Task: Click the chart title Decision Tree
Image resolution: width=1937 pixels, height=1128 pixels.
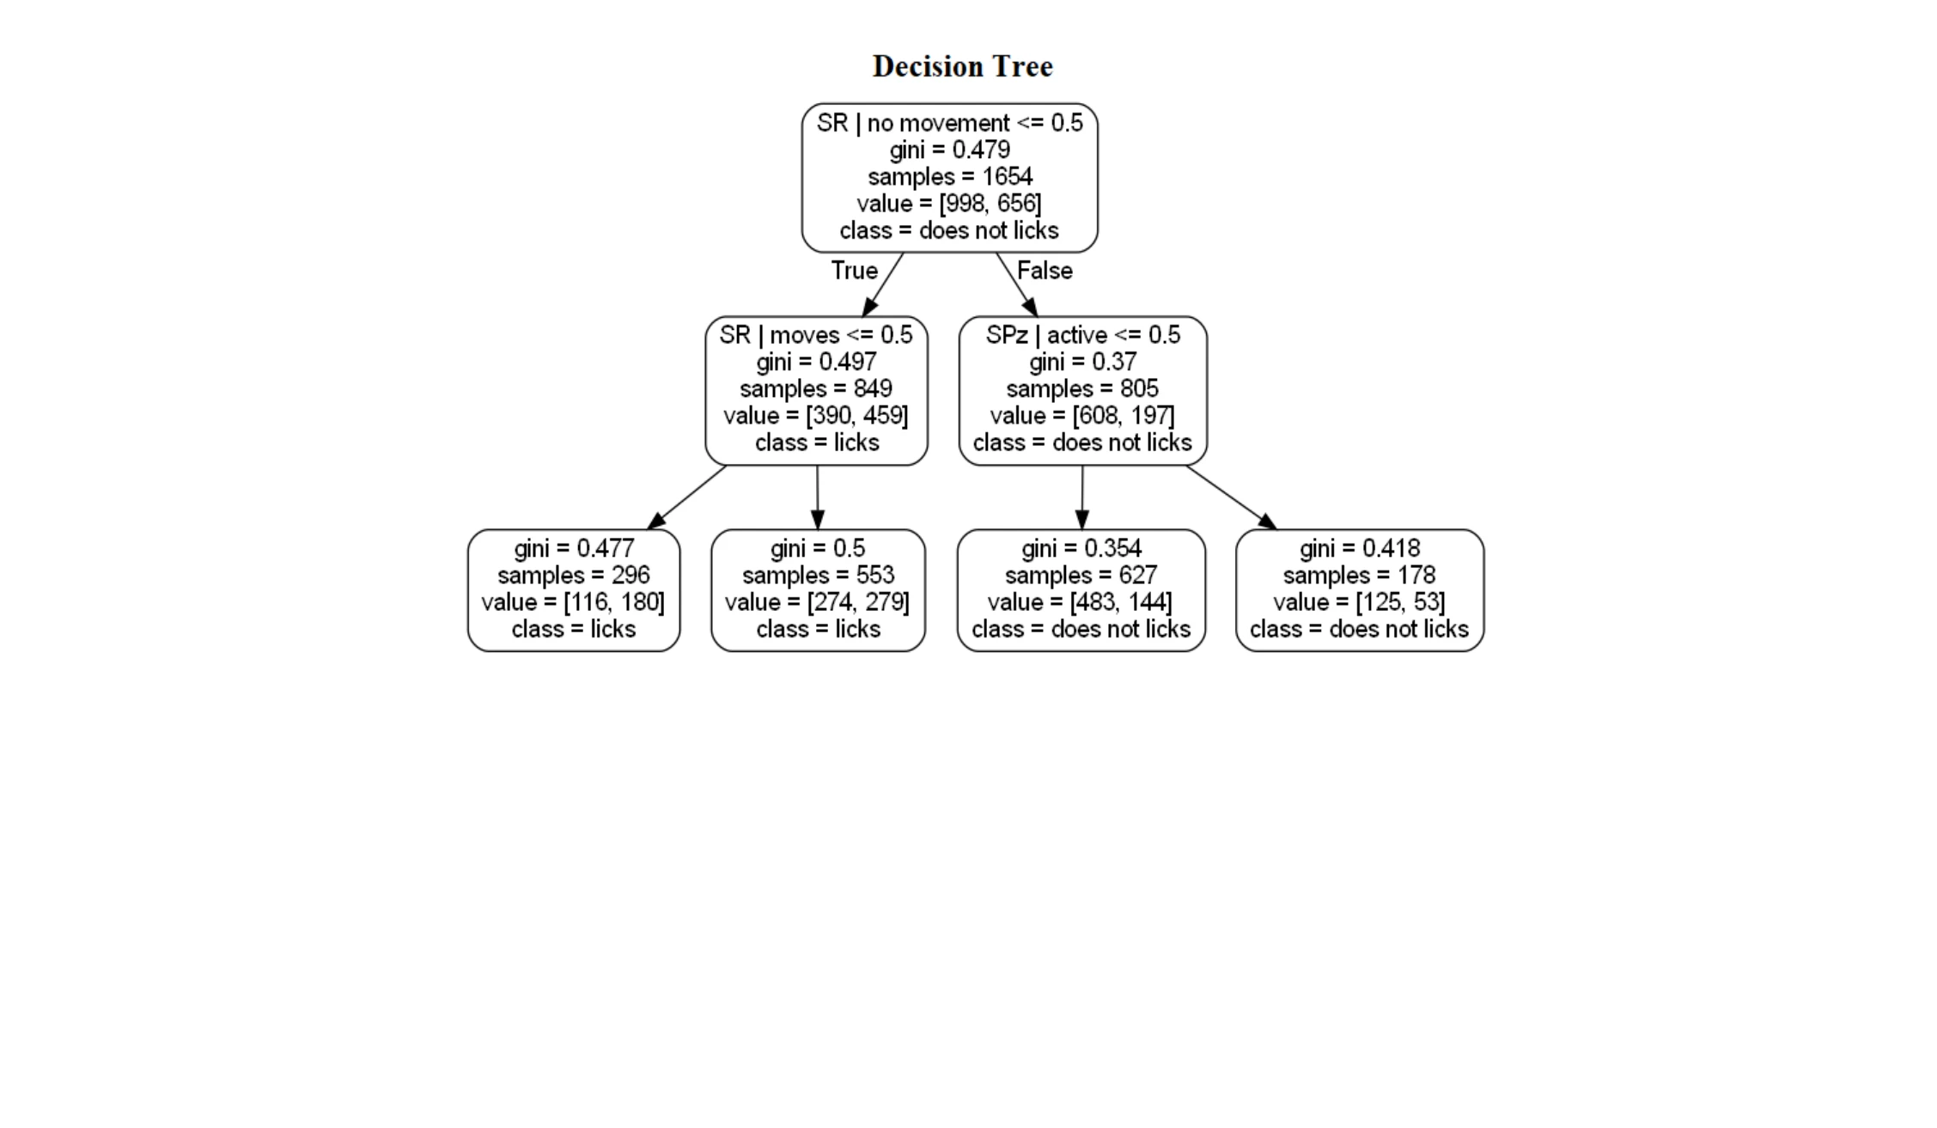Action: click(x=962, y=66)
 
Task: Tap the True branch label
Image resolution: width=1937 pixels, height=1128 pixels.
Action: click(x=854, y=271)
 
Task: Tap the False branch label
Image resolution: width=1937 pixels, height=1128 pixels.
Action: click(x=1045, y=271)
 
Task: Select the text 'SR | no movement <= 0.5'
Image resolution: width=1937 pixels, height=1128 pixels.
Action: click(x=949, y=123)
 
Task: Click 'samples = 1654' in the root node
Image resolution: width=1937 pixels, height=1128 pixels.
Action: click(x=949, y=176)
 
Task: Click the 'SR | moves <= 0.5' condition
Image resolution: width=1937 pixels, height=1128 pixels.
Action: click(x=816, y=335)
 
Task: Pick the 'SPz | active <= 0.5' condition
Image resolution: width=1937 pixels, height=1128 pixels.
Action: click(x=1082, y=335)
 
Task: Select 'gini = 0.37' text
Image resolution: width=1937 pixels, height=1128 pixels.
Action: click(x=1082, y=362)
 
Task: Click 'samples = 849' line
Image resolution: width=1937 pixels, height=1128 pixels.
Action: click(x=816, y=388)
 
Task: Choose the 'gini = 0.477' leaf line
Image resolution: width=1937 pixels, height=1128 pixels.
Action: click(x=574, y=548)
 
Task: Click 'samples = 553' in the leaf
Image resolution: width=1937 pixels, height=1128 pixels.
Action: click(x=818, y=575)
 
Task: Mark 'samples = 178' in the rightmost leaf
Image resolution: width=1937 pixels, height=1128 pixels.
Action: click(x=1359, y=575)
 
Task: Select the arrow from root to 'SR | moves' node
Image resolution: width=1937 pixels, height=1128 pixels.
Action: click(x=883, y=284)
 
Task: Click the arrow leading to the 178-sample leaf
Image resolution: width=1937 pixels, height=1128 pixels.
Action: click(x=1231, y=497)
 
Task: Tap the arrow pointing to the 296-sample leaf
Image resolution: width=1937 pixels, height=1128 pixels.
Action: click(x=686, y=497)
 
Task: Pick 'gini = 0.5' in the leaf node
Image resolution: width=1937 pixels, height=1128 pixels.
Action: click(x=818, y=548)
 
